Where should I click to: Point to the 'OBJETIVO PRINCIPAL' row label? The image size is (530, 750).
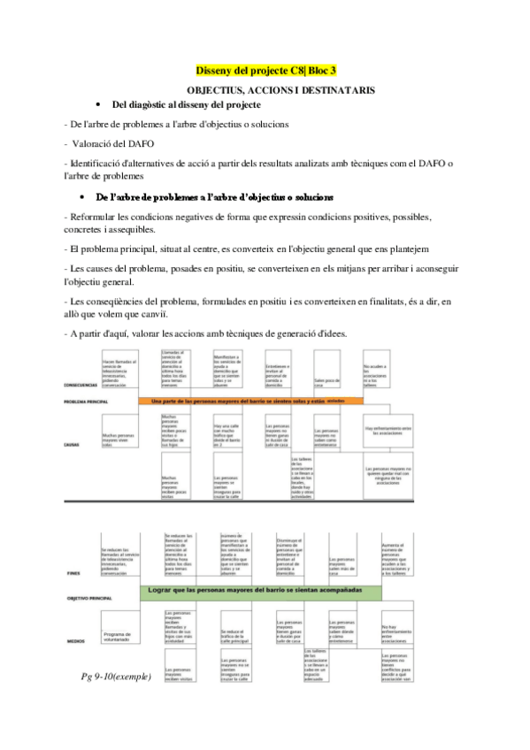click(x=89, y=599)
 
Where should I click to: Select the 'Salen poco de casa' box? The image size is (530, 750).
click(x=328, y=382)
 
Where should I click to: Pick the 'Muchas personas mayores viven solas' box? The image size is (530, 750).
click(x=119, y=440)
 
